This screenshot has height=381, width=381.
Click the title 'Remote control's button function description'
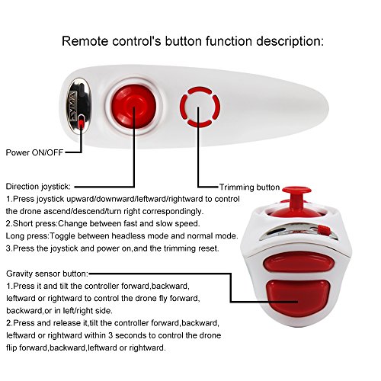tap(193, 42)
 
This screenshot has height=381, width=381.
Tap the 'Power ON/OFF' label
tap(34, 152)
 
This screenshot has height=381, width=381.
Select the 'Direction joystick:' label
tap(38, 187)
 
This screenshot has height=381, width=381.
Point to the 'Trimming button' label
tap(249, 187)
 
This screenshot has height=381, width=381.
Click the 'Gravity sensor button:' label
tap(47, 274)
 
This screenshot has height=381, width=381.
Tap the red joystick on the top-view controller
tap(134, 106)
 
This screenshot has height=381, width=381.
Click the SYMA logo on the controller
tap(72, 105)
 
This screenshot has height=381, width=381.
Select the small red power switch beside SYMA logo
tap(81, 123)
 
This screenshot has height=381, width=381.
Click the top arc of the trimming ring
tap(200, 90)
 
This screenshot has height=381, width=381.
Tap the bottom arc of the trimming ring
tap(200, 124)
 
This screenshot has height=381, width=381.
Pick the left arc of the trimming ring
tap(183, 107)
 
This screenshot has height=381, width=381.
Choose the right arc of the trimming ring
tap(216, 107)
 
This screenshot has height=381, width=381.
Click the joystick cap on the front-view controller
tap(296, 190)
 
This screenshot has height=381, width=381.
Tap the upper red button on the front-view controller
tap(299, 262)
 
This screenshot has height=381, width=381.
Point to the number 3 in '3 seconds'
tap(110, 335)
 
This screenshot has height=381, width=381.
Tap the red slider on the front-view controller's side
tap(324, 230)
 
